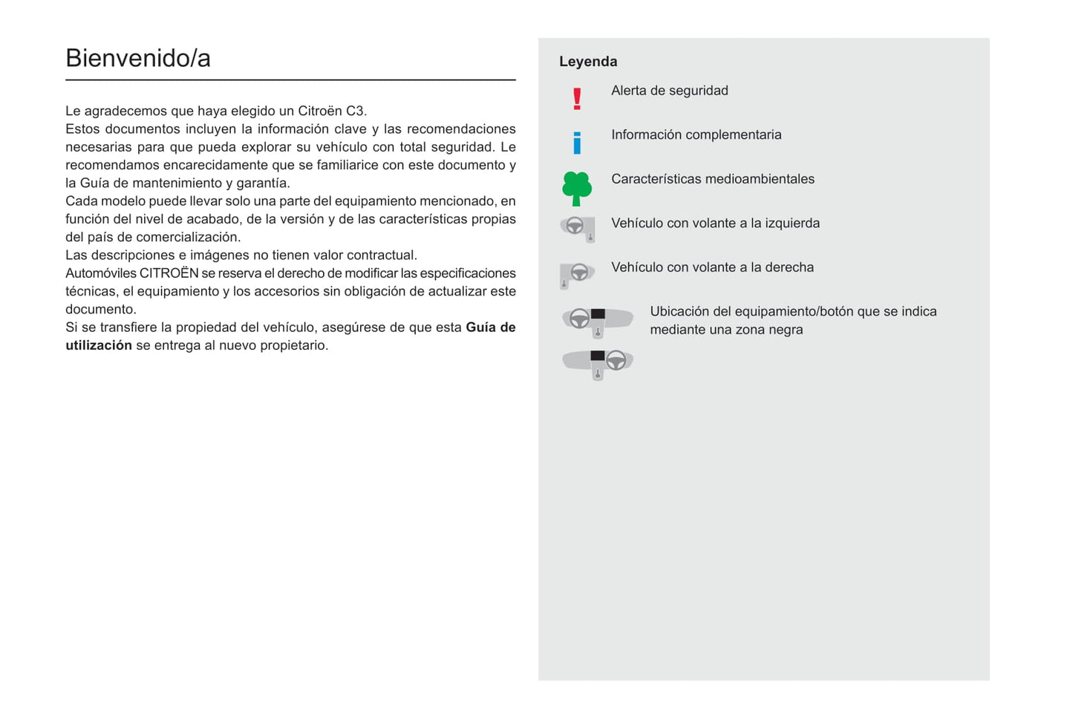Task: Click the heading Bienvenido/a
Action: tap(138, 59)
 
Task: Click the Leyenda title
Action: tap(588, 62)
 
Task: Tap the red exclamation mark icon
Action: tap(577, 99)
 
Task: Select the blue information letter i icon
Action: tap(577, 143)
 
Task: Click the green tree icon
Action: tap(577, 188)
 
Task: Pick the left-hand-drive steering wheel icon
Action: tap(578, 228)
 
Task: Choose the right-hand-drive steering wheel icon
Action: tap(577, 274)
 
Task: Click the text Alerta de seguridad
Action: tap(670, 91)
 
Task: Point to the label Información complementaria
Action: tap(697, 135)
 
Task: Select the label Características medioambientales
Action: tap(713, 179)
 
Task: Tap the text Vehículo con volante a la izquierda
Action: tap(716, 224)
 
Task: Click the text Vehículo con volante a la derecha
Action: tap(713, 267)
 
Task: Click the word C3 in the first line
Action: tap(355, 111)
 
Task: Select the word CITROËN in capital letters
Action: tap(169, 273)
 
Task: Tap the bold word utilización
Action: tap(99, 345)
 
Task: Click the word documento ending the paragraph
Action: tap(100, 310)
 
